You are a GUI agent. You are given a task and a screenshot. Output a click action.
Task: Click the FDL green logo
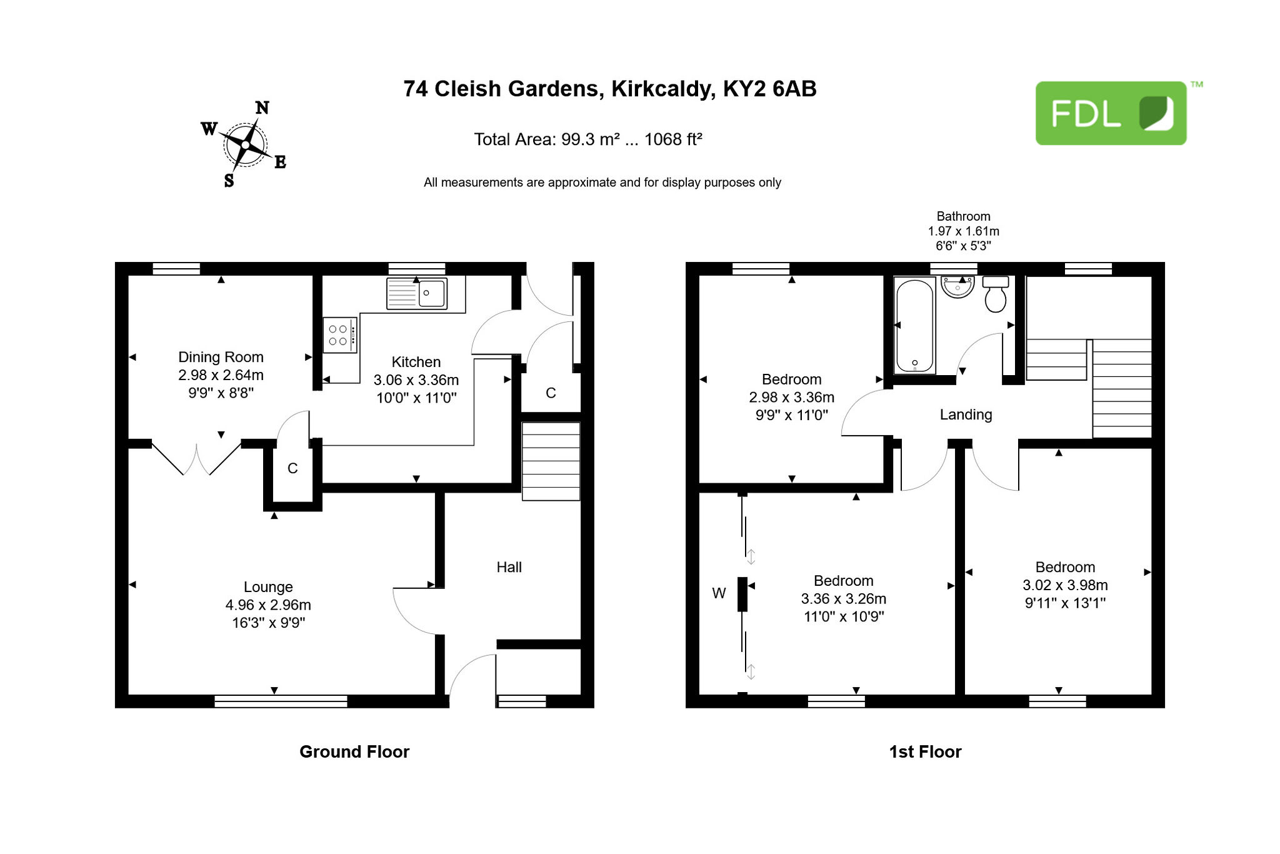pos(1111,113)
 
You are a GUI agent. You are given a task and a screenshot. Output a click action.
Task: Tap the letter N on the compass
pos(262,108)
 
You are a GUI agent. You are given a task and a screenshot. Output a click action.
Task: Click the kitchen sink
pos(417,293)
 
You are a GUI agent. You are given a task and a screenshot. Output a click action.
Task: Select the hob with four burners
pos(340,335)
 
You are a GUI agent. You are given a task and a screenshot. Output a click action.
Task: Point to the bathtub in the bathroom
pos(915,326)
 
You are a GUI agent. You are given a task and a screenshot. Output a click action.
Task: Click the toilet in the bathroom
pos(996,294)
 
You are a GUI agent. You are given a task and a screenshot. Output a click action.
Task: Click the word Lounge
pos(268,587)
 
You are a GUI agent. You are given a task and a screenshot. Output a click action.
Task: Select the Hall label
pos(509,567)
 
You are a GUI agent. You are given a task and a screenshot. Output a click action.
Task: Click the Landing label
pos(966,414)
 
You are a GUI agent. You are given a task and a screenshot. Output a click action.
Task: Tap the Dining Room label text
pos(221,357)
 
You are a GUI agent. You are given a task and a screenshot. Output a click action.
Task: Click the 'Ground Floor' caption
pos(354,751)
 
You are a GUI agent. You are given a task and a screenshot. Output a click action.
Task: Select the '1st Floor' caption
pos(925,751)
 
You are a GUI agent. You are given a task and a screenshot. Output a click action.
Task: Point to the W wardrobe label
pos(719,593)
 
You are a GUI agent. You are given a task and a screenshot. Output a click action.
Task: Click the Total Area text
pos(587,139)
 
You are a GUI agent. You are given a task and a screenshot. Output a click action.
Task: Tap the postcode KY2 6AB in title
pos(769,89)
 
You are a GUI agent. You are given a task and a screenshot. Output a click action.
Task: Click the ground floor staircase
pos(551,461)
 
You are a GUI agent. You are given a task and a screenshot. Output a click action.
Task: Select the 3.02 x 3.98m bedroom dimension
pos(1065,585)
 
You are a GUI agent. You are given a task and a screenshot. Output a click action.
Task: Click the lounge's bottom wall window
pos(281,701)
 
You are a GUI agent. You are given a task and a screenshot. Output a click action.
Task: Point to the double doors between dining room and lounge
pos(197,458)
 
